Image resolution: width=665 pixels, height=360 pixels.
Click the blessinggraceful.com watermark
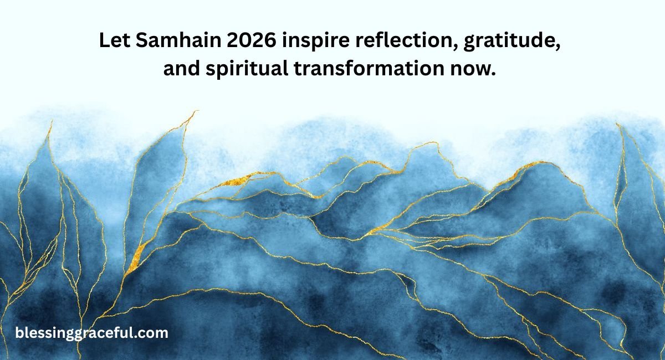coord(91,333)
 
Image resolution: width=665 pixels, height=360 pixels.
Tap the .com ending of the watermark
coord(154,333)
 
